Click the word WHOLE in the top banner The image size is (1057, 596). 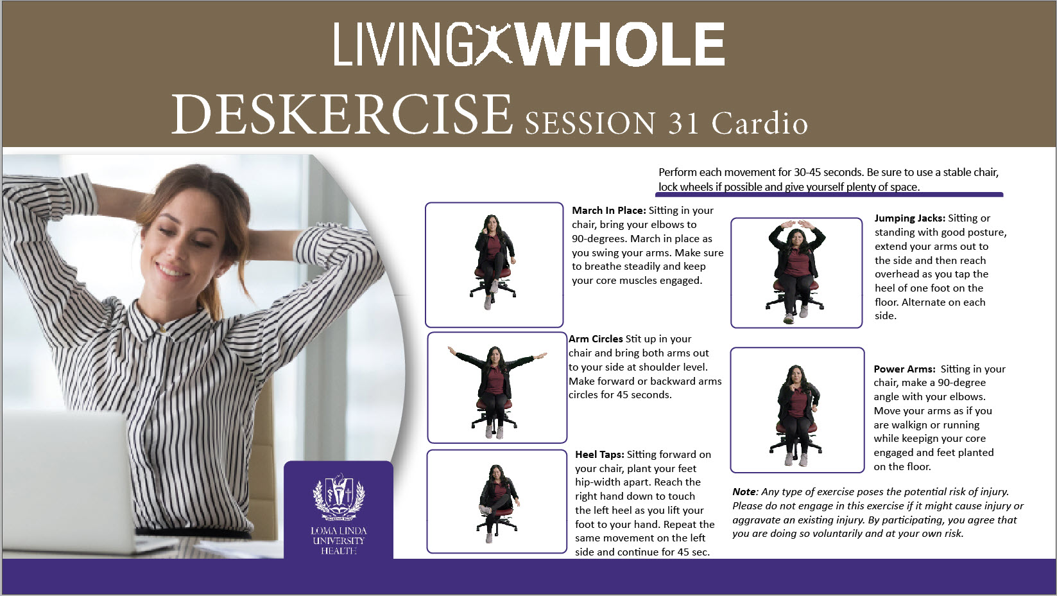click(x=621, y=44)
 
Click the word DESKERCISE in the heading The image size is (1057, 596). click(x=342, y=115)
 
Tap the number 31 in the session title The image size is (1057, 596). click(x=683, y=124)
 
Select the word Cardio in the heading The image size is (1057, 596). click(x=760, y=123)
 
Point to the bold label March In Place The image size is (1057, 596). click(x=608, y=211)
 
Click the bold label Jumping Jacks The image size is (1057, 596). click(x=910, y=218)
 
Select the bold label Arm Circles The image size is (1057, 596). click(x=596, y=339)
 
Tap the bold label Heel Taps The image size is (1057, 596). click(x=599, y=455)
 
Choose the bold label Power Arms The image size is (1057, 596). click(x=904, y=369)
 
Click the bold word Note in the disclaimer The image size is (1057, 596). click(x=744, y=492)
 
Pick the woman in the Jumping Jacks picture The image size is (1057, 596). click(x=796, y=271)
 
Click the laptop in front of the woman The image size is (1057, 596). click(x=66, y=482)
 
